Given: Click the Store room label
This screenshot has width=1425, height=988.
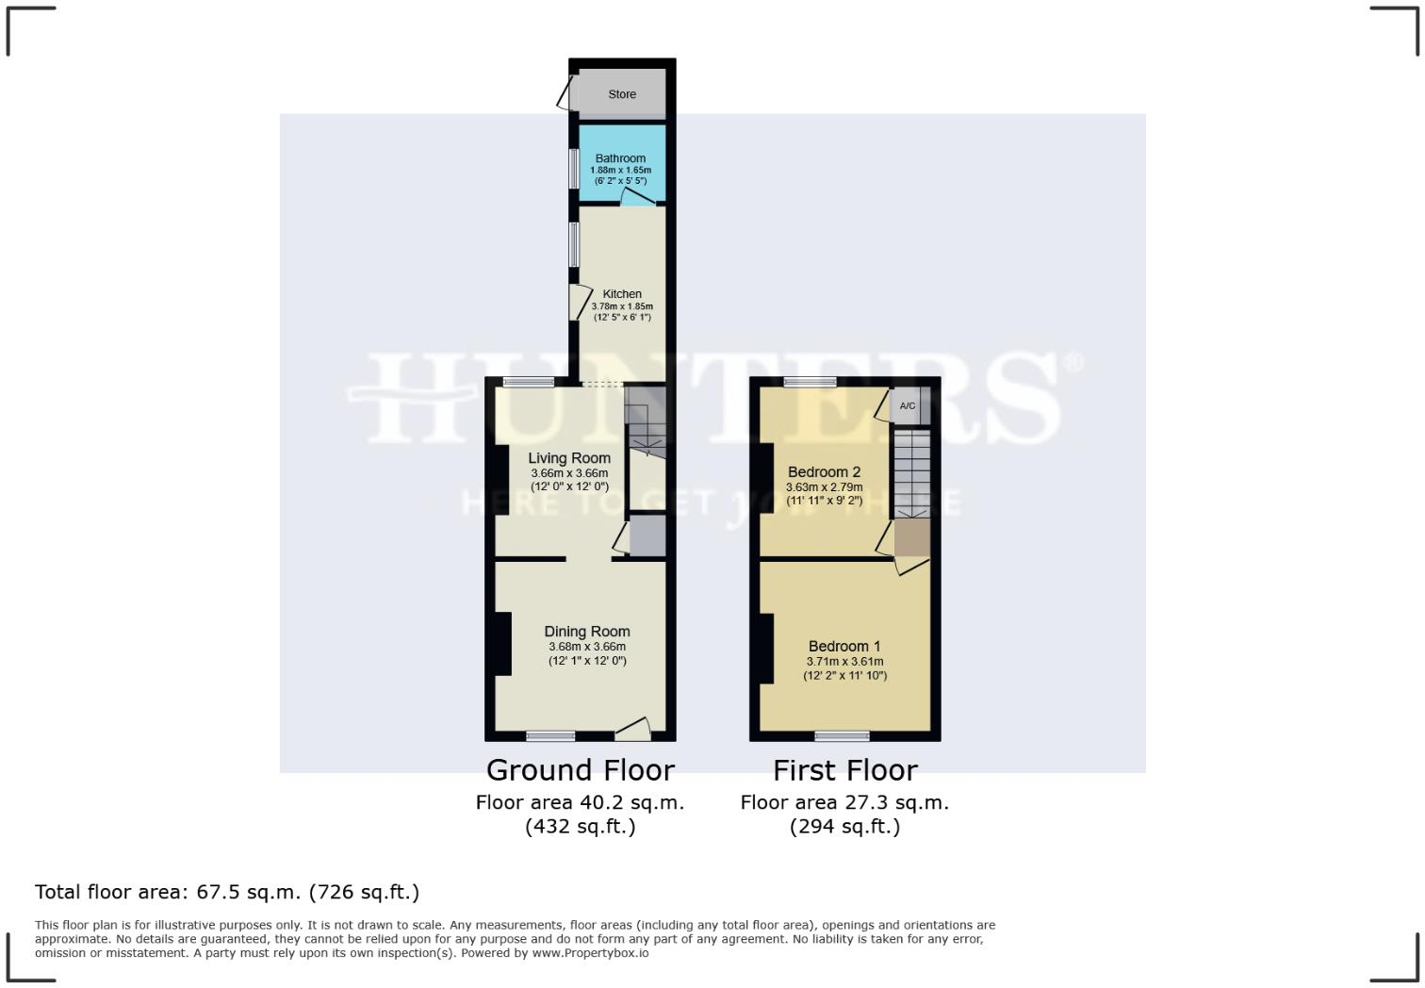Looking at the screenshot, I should pos(622,94).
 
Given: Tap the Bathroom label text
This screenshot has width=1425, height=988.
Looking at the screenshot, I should pos(620,158).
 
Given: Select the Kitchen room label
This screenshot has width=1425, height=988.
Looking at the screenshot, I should pos(622,294).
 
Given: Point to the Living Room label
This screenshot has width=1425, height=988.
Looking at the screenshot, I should pos(569,458).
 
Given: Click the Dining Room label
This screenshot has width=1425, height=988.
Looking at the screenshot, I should pos(587,632).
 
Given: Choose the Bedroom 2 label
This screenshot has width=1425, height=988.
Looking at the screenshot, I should pos(825,471).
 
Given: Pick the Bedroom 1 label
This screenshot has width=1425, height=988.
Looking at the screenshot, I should pos(844,646).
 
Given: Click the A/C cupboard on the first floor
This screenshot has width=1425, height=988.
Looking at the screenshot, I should pos(908,406).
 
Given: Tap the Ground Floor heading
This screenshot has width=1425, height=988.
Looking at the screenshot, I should pos(580,770).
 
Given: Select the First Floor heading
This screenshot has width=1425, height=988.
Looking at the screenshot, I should pos(844,770).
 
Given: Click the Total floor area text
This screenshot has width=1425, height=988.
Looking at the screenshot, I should pos(227,892).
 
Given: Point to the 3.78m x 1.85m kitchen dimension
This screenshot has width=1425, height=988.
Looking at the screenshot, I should pos(622,306).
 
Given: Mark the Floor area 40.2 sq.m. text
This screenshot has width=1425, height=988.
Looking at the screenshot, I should pos(580,802).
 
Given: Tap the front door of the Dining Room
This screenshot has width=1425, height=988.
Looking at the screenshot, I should pos(633,729).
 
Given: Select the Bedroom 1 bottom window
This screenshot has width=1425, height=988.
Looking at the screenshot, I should pos(843,735).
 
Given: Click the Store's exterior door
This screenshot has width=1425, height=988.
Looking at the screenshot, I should pos(566,94).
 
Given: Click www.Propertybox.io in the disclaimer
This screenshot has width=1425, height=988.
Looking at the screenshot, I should pos(590,953).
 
